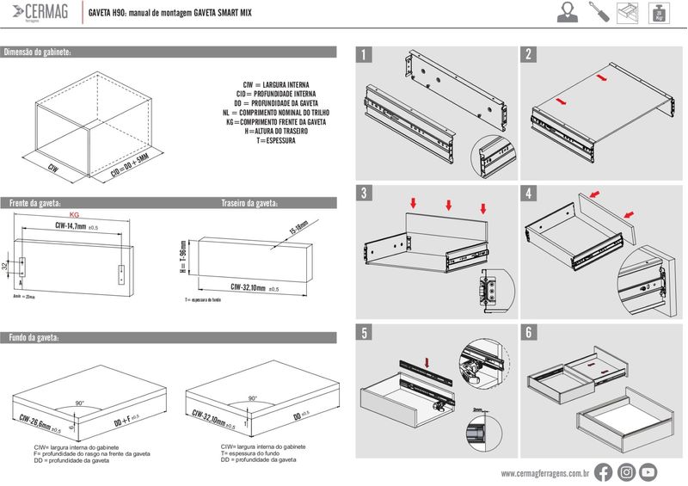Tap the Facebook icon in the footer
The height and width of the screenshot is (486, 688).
[x=604, y=471]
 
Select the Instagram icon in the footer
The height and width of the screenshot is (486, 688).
[x=627, y=471]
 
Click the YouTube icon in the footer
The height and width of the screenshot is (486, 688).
[x=649, y=471]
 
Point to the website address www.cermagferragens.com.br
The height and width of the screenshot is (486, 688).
[x=544, y=472]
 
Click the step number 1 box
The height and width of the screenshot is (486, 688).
[x=365, y=54]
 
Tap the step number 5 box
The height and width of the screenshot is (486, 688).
[x=365, y=332]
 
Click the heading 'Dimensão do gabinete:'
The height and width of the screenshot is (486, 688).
[x=38, y=52]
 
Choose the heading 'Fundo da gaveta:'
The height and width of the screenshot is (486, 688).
[x=33, y=336]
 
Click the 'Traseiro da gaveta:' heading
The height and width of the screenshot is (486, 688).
[x=250, y=204]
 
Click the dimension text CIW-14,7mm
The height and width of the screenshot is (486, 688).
[x=71, y=226]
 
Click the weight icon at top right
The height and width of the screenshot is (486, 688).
[x=659, y=14]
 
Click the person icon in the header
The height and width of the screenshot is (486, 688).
[x=566, y=13]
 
